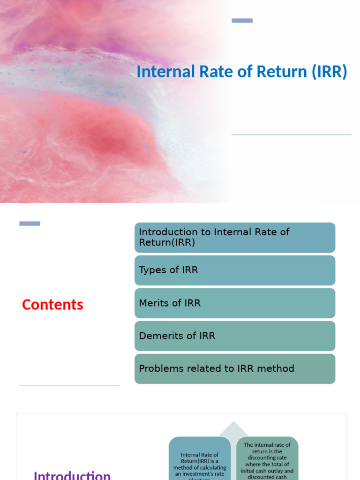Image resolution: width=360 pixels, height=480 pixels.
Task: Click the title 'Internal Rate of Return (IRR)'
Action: [x=241, y=72]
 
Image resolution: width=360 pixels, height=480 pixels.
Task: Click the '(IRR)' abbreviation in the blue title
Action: [x=329, y=72]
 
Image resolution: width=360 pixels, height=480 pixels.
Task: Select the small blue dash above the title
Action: [x=242, y=21]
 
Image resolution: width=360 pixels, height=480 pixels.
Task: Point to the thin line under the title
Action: [x=291, y=135]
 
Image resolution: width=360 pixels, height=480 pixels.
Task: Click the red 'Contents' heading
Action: [x=52, y=305]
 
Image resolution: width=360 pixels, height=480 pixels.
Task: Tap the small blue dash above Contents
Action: [x=30, y=224]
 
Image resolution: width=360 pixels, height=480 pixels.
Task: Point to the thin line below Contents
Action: [x=69, y=385]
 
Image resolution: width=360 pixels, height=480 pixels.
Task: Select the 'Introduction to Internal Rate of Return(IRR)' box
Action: [x=235, y=238]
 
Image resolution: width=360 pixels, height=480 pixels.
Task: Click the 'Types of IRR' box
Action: [x=235, y=270]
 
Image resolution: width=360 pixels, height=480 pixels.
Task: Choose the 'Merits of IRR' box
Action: [x=235, y=303]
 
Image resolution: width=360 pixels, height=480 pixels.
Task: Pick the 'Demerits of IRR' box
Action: [x=235, y=336]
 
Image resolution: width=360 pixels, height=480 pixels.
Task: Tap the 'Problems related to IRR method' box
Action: [x=235, y=369]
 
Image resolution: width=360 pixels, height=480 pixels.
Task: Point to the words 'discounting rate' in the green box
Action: [x=267, y=457]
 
